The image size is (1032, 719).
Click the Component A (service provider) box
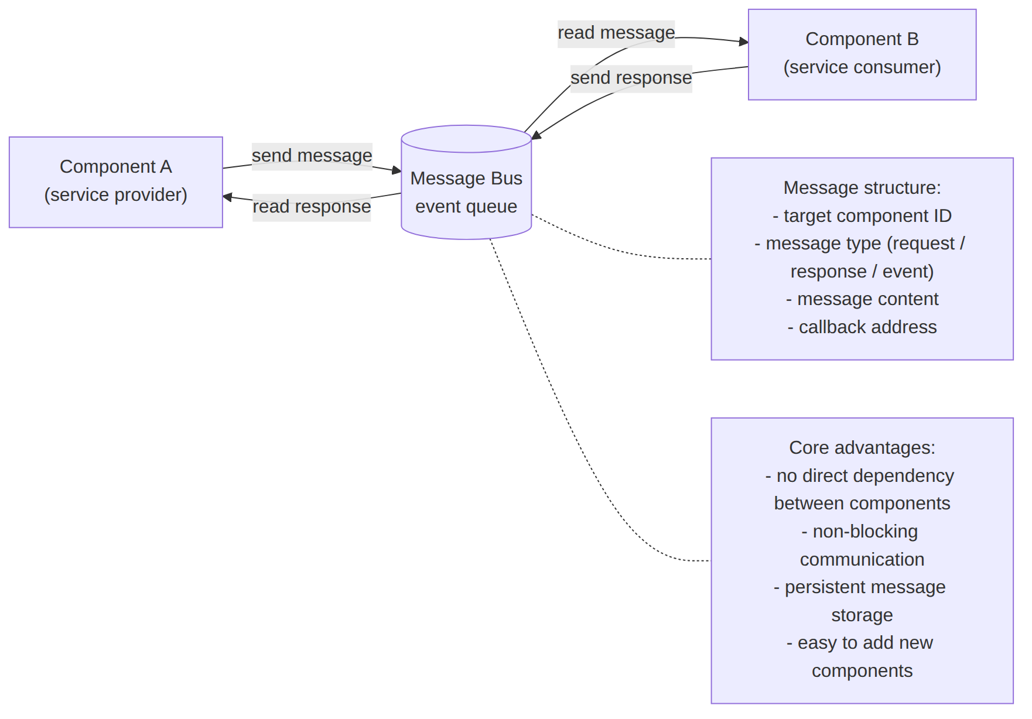click(x=116, y=182)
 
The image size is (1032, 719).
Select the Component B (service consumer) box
click(x=862, y=54)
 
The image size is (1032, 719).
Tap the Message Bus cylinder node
click(x=466, y=182)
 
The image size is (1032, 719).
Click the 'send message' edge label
click(x=312, y=156)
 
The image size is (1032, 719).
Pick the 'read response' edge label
click(x=312, y=207)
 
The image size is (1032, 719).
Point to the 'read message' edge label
click(x=616, y=33)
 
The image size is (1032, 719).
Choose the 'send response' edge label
click(x=631, y=78)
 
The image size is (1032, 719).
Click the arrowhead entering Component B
click(x=744, y=42)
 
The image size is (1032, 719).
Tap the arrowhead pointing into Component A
click(x=227, y=197)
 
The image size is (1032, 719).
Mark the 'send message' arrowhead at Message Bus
click(x=397, y=170)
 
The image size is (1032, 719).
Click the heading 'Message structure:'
click(x=862, y=187)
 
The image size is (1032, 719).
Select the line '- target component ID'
click(x=862, y=215)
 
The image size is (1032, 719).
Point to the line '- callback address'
click(x=862, y=327)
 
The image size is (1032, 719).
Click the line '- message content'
click(x=862, y=299)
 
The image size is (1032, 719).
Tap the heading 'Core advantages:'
click(x=862, y=447)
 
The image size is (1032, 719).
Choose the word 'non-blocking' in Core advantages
click(x=865, y=531)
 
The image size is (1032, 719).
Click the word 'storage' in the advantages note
click(x=862, y=615)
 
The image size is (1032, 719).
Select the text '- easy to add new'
click(x=860, y=643)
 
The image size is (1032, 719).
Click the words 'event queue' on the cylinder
click(x=466, y=207)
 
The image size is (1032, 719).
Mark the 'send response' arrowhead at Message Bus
click(x=535, y=136)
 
